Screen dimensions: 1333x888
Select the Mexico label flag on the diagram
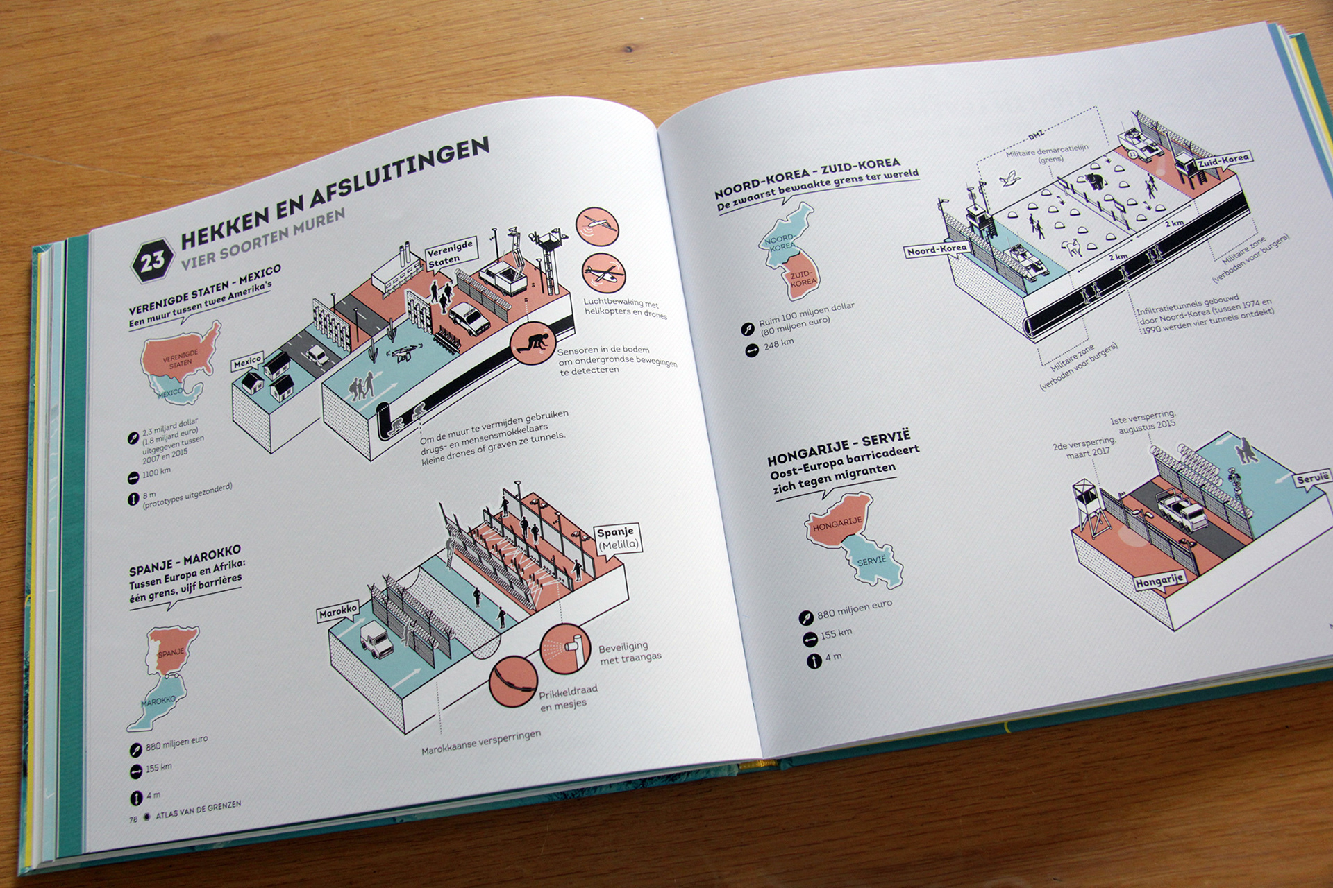(x=247, y=361)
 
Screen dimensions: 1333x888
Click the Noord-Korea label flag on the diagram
(x=937, y=250)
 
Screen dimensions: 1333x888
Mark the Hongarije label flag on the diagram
(x=1159, y=581)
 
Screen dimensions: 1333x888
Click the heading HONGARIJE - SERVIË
(x=838, y=448)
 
